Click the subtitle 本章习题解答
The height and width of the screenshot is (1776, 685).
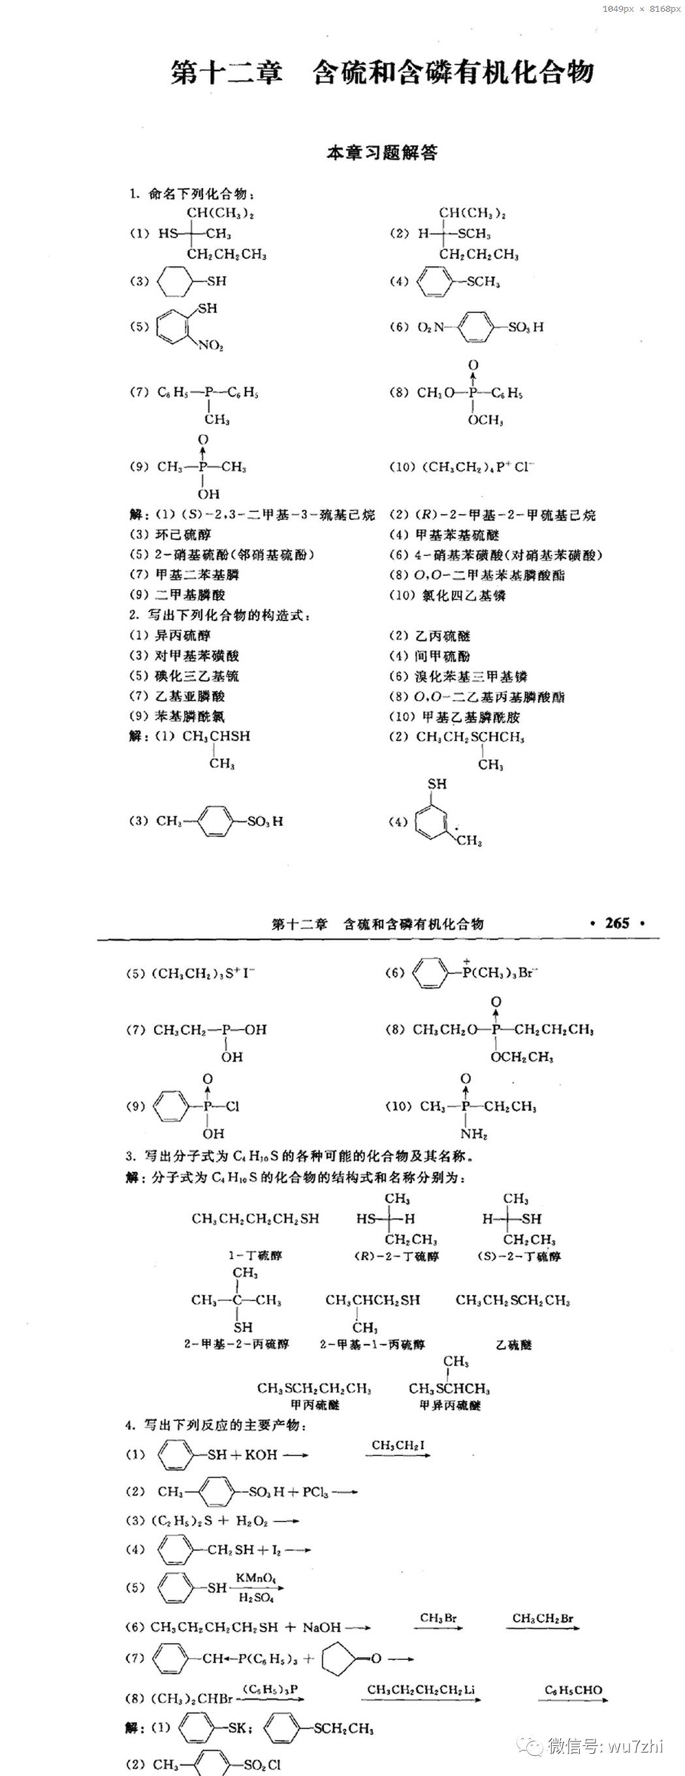click(381, 153)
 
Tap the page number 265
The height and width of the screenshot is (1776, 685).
click(616, 923)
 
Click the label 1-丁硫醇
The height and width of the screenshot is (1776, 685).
click(255, 1255)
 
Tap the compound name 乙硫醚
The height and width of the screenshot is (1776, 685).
click(514, 1345)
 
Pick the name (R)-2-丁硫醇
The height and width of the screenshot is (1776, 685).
click(396, 1256)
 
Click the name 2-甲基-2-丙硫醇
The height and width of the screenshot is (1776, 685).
click(236, 1343)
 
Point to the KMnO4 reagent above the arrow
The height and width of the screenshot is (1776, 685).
click(255, 1578)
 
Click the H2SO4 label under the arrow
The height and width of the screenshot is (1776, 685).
click(256, 1597)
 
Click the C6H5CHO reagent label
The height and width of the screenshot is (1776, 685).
click(573, 1690)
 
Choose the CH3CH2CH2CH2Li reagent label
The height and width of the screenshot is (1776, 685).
click(421, 1690)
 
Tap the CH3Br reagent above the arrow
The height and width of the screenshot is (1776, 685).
click(438, 1617)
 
